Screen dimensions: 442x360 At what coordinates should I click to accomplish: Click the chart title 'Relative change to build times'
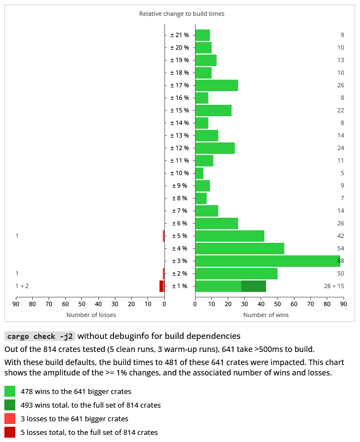click(x=181, y=14)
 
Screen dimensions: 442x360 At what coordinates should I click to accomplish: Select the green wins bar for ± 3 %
click(x=267, y=261)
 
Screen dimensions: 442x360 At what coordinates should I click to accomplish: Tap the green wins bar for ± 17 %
click(x=216, y=85)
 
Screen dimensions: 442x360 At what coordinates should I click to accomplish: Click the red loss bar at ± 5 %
click(x=163, y=236)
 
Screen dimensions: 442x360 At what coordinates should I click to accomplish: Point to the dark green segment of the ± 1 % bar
click(x=253, y=286)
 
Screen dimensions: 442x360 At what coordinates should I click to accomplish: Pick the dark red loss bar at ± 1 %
click(x=161, y=286)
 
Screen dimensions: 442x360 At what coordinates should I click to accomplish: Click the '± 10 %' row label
click(x=180, y=173)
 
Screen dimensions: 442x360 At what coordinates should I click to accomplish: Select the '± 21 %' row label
click(x=180, y=35)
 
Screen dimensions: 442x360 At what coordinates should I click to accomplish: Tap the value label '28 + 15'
click(x=334, y=286)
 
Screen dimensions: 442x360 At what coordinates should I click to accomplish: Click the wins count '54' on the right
click(x=340, y=248)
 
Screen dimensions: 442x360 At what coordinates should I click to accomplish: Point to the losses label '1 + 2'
click(x=22, y=286)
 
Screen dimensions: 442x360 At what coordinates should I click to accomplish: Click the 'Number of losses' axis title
click(x=91, y=315)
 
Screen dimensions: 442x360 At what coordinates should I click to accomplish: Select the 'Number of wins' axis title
click(x=266, y=315)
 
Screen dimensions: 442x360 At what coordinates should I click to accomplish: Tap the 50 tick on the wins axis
click(x=278, y=304)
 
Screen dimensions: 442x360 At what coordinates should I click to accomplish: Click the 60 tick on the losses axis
click(x=66, y=304)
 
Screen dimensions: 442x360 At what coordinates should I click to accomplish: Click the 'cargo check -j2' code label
click(x=39, y=336)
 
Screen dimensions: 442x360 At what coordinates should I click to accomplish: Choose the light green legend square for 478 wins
click(x=10, y=391)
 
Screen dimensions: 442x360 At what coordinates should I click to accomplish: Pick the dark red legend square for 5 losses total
click(x=10, y=432)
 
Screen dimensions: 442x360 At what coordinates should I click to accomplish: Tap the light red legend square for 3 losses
click(x=10, y=419)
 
